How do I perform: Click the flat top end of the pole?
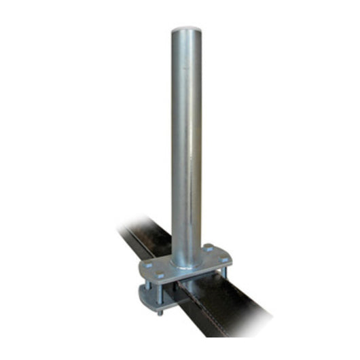pos(187,31)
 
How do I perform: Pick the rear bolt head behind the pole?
pos(207,247)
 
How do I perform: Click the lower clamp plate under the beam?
pos(151,297)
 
